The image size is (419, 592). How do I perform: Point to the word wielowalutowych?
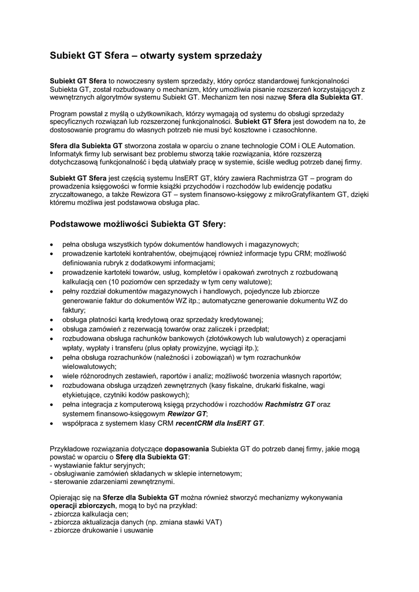point(89,367)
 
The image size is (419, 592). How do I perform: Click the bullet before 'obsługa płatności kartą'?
point(53,320)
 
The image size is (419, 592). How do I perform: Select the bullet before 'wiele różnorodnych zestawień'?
point(53,376)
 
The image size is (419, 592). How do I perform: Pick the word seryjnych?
point(128,465)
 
